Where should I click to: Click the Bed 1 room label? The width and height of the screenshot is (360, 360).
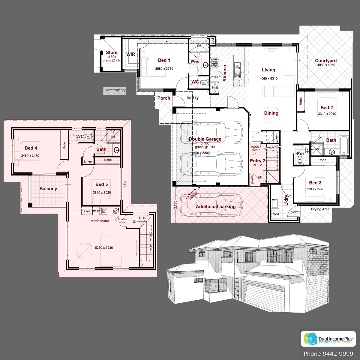164,60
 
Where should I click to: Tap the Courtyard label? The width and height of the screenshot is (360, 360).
325,61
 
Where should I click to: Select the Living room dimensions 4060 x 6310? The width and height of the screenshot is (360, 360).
268,79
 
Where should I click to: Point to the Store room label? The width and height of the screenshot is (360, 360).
112,52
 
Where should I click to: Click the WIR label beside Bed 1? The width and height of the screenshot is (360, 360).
130,54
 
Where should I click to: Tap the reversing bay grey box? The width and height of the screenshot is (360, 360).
115,91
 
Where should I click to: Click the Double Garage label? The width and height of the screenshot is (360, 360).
205,139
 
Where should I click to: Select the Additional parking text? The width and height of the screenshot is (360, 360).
215,207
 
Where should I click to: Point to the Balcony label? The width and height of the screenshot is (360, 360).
48,189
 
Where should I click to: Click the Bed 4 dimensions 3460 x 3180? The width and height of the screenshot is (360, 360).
30,156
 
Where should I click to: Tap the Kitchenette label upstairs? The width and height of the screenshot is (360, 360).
100,221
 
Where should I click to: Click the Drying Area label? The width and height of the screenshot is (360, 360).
320,209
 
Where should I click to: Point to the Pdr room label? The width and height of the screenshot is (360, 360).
300,153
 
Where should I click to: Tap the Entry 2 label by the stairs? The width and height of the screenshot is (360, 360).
258,161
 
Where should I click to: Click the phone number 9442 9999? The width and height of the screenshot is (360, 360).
328,354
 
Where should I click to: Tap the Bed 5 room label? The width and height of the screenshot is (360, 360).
101,184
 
